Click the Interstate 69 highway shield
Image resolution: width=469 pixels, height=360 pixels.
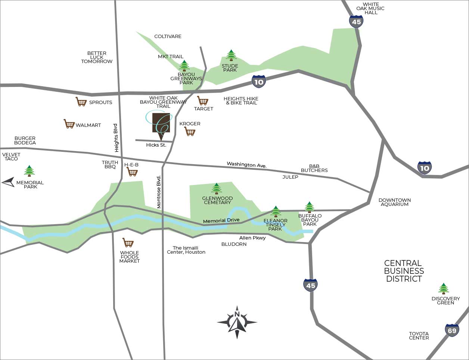click(452, 330)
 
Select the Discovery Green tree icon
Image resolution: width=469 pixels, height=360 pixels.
click(444, 288)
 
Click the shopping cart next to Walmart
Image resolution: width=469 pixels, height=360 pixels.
click(69, 124)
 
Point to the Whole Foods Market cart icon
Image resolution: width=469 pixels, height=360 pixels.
click(128, 243)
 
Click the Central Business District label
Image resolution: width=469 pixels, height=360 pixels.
click(404, 271)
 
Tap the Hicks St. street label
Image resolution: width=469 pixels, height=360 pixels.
click(156, 145)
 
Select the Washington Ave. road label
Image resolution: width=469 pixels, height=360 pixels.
click(246, 165)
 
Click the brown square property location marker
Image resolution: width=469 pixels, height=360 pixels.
click(161, 123)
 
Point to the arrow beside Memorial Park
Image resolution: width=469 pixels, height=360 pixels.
click(8, 182)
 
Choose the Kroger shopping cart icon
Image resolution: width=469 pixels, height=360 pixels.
click(190, 132)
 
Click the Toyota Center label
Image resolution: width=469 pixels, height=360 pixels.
click(419, 336)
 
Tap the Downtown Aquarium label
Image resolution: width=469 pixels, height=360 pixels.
click(394, 202)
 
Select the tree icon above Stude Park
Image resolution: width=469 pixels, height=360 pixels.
click(231, 55)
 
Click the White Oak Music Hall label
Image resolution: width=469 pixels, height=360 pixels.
click(370, 8)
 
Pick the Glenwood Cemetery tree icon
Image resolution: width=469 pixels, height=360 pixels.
click(217, 189)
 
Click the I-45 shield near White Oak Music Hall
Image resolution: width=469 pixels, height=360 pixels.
click(356, 22)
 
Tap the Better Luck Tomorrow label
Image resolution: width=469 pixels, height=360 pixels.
click(97, 57)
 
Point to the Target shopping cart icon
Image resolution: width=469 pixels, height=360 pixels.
click(203, 101)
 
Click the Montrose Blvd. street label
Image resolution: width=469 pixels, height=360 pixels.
click(159, 192)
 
